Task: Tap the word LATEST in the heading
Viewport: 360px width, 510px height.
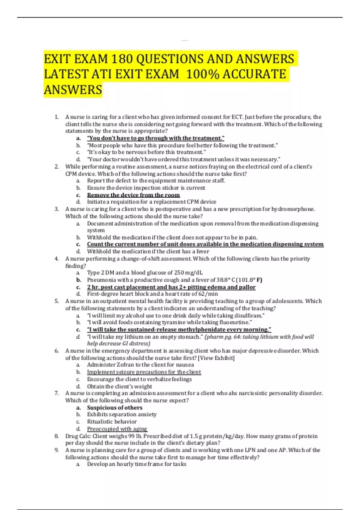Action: pos(66,74)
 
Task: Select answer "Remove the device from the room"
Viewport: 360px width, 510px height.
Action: pos(133,195)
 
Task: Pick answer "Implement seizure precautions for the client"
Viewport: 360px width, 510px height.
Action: pos(144,372)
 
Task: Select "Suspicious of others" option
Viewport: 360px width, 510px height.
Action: pos(115,408)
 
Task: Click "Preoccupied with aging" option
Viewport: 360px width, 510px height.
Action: pos(117,429)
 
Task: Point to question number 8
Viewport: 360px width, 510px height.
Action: pos(56,436)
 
